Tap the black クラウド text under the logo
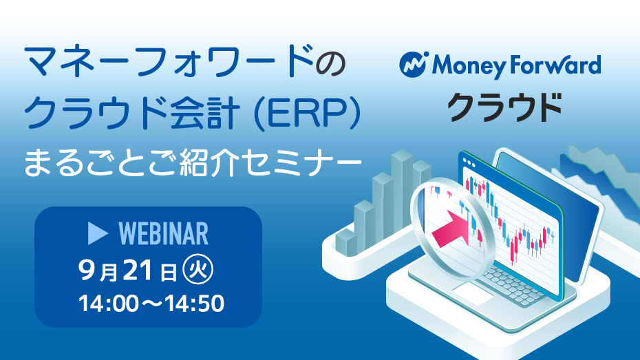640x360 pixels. point(505,107)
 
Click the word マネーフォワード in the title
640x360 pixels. point(170,61)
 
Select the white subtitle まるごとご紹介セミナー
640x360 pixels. point(193,162)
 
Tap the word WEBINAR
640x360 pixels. point(163,234)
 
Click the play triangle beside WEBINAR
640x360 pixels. point(98,234)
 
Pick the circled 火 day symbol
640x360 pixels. point(198,269)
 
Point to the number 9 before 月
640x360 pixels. point(87,271)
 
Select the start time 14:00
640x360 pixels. point(104,304)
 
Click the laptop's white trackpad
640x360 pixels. point(473,294)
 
